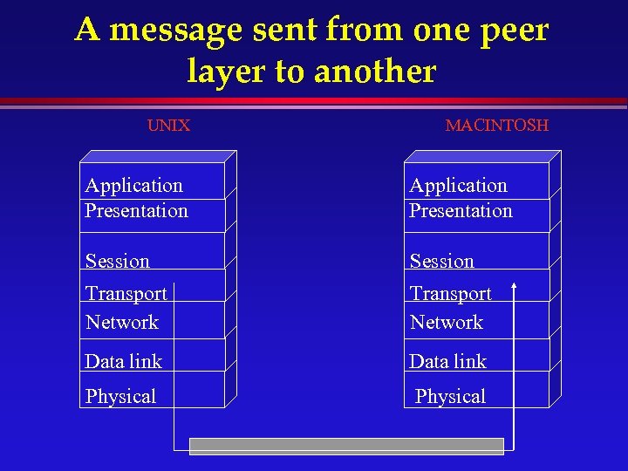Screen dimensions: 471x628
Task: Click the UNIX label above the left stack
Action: click(168, 126)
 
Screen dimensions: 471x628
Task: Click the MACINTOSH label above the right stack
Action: click(496, 126)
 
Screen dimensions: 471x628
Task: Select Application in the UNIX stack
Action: click(133, 185)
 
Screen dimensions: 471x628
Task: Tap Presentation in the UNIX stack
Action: click(136, 210)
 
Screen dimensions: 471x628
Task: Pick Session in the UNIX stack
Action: click(117, 261)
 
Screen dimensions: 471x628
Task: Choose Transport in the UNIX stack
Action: click(126, 294)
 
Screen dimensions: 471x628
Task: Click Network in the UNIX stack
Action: click(122, 322)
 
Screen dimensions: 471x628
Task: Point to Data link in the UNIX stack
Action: click(123, 361)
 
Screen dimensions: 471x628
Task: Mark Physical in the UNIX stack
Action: click(120, 396)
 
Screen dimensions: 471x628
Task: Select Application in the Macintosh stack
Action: click(458, 185)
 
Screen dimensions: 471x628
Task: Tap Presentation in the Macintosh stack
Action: click(461, 210)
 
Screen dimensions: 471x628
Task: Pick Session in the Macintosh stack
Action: click(441, 261)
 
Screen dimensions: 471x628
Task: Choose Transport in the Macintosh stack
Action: click(450, 294)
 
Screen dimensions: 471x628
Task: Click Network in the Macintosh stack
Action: click(446, 322)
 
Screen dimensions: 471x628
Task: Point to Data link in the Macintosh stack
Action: click(447, 361)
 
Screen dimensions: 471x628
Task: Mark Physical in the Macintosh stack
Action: click(450, 396)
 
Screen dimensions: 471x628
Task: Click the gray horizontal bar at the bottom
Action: click(347, 447)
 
